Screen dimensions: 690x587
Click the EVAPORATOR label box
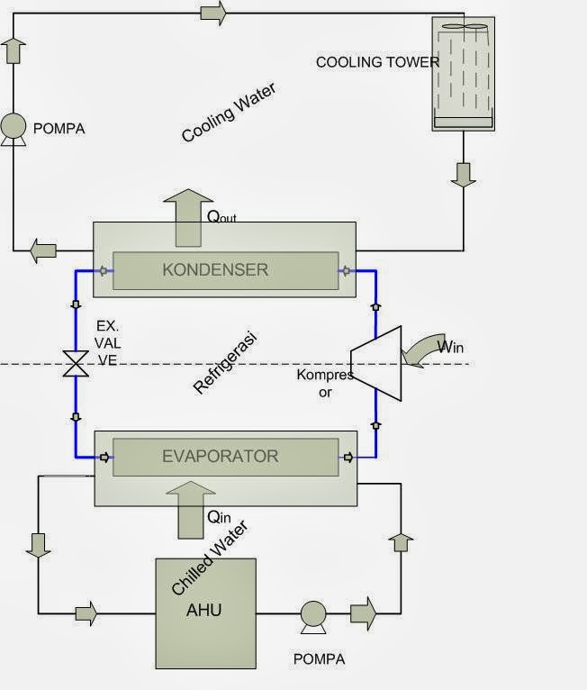click(220, 456)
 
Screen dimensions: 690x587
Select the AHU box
click(205, 610)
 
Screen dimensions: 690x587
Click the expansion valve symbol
click(75, 365)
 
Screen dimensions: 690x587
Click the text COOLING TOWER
click(377, 62)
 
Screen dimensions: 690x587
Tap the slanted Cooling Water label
click(228, 113)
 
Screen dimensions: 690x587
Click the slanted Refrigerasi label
click(225, 363)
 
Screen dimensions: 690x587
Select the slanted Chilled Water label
click(209, 558)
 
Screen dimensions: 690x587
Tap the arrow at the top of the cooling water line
click(212, 13)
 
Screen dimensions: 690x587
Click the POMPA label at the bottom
click(319, 658)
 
